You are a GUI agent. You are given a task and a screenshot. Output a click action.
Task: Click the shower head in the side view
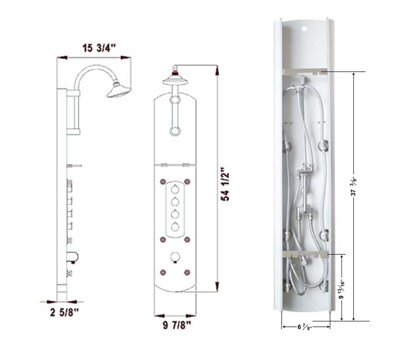tap(118, 90)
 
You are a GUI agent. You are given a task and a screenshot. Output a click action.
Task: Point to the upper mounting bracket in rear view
tap(305, 71)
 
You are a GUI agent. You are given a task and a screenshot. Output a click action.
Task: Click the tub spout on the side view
tap(73, 257)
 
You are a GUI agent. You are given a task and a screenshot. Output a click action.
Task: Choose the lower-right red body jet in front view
tap(187, 270)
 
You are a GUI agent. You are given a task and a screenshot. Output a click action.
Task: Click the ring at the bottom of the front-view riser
tap(175, 131)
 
